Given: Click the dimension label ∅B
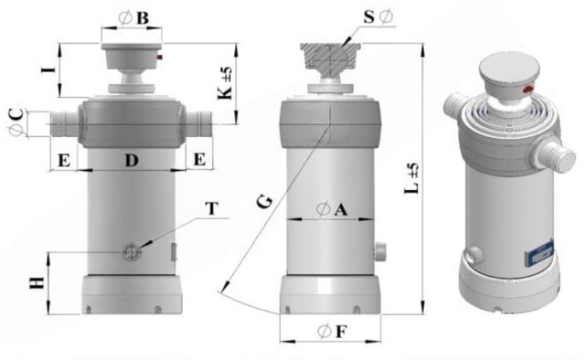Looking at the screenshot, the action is (133, 18).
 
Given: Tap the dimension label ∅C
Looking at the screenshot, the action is (16, 122).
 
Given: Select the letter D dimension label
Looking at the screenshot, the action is (132, 161).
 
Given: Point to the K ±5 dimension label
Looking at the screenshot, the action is (226, 83).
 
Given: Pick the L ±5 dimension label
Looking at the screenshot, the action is (412, 178).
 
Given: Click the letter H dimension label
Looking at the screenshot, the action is (37, 283).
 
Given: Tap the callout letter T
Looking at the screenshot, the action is (211, 208).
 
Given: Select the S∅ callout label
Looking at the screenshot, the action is (378, 16).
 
